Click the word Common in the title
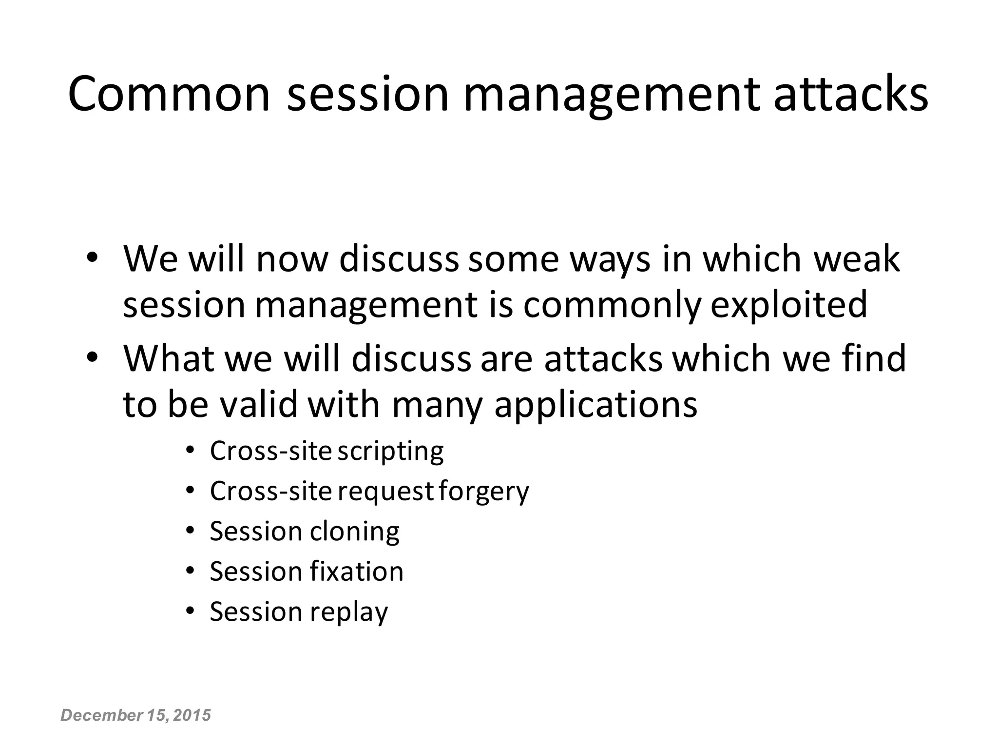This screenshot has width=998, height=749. [x=169, y=94]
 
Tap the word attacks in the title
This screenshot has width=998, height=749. [x=850, y=94]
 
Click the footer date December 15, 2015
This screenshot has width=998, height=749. [x=135, y=715]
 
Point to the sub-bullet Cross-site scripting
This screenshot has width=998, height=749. [x=326, y=451]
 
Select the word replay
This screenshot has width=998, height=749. [x=348, y=612]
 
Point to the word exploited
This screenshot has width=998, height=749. [x=789, y=305]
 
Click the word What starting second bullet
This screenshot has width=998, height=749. [x=169, y=358]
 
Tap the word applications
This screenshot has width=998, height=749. [x=595, y=405]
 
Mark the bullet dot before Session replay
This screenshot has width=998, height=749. [x=191, y=611]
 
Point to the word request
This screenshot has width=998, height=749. [x=385, y=492]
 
